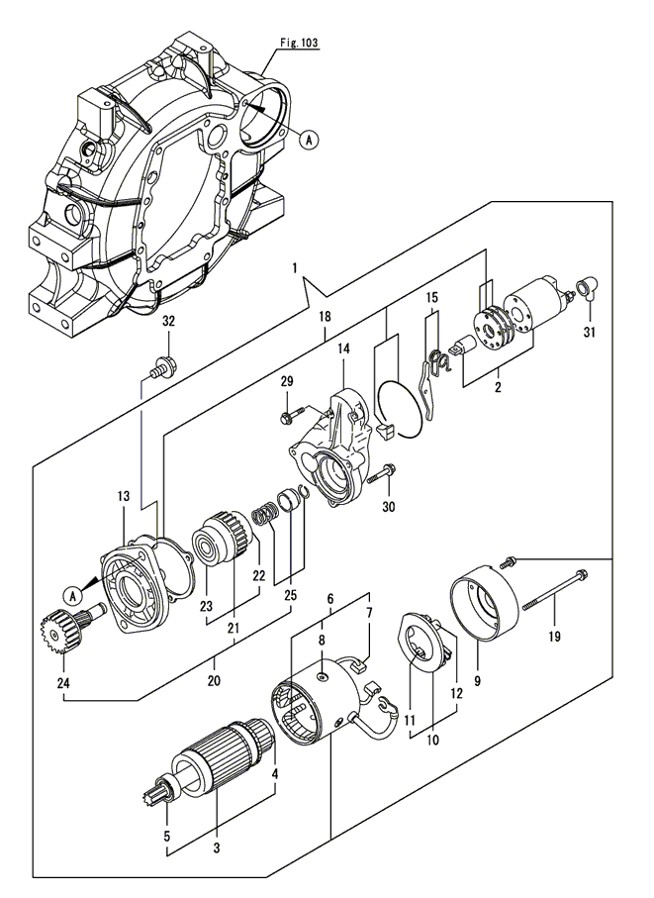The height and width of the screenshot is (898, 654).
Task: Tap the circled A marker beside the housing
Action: click(x=309, y=141)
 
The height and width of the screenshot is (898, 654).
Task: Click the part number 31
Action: click(x=592, y=330)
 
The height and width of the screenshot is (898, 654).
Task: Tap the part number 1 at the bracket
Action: click(x=294, y=268)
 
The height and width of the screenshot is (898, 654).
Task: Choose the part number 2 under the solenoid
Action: click(x=498, y=387)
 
